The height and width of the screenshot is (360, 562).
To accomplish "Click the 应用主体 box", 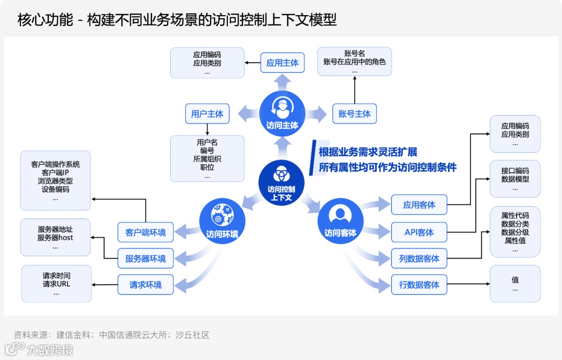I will [282, 63].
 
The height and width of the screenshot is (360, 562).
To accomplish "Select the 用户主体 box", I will [207, 113].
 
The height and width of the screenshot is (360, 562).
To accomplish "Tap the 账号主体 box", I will [354, 113].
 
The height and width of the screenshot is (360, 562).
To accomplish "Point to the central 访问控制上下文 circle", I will [282, 182].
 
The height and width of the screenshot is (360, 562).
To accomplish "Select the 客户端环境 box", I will [146, 233].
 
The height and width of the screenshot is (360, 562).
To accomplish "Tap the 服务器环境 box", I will [146, 259].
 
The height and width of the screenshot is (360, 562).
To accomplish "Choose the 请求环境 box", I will [146, 285].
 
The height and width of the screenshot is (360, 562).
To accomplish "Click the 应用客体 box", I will [419, 205].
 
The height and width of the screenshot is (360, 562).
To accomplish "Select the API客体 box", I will [419, 232].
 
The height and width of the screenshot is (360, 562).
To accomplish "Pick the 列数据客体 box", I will [419, 259].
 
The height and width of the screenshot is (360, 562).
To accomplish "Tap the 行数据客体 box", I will [419, 285].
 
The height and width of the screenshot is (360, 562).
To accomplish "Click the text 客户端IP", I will [56, 173].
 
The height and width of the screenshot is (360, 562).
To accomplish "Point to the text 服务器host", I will [55, 238].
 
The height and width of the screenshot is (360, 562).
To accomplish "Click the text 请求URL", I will [56, 284].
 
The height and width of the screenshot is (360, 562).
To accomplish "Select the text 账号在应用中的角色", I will [354, 62].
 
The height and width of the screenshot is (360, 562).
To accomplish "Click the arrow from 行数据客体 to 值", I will [468, 285].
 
